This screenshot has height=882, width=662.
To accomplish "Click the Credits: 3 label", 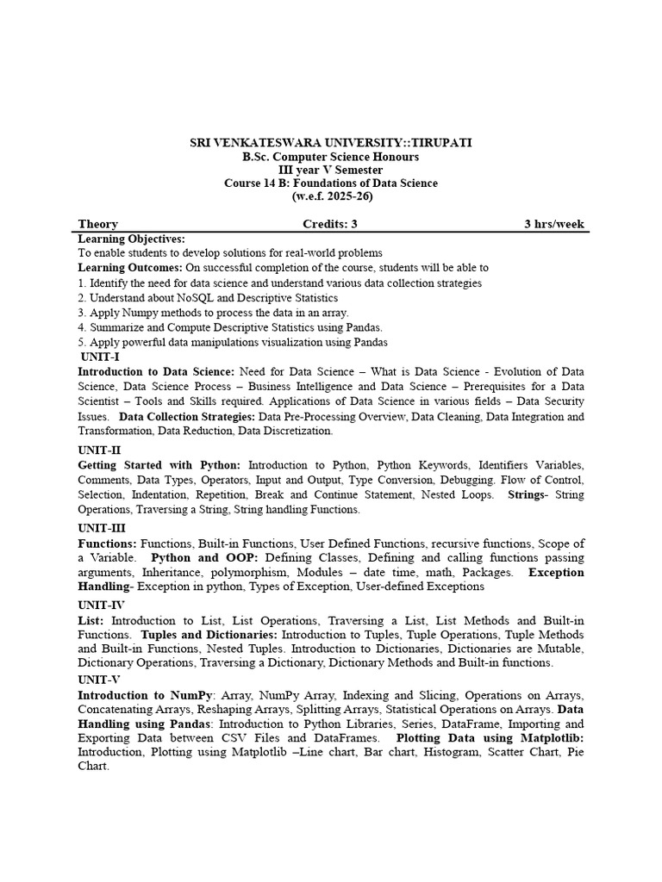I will click(x=329, y=224).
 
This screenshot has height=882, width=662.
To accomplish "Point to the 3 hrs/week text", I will click(x=554, y=224).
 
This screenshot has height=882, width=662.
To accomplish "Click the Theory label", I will click(x=98, y=224).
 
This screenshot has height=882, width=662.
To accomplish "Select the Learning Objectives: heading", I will click(x=132, y=238).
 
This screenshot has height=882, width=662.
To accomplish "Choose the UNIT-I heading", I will click(x=100, y=356).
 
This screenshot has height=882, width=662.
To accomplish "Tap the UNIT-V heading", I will click(x=101, y=680).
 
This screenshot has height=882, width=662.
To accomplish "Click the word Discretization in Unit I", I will click(x=288, y=431).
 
